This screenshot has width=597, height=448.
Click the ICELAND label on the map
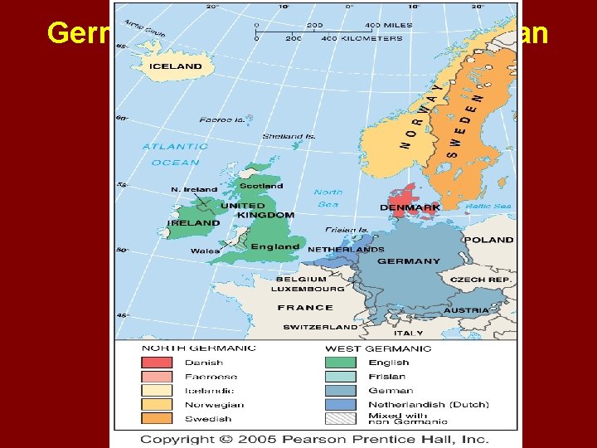(175, 66)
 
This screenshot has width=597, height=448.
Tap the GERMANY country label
(409, 261)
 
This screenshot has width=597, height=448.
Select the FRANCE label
(305, 307)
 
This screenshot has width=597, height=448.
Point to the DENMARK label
(410, 207)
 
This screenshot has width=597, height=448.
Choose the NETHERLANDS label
(346, 249)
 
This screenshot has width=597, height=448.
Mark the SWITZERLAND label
(320, 327)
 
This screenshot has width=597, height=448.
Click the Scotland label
(261, 186)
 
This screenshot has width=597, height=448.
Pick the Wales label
(205, 251)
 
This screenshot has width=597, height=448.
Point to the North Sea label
(328, 197)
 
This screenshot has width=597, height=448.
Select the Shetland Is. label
(289, 137)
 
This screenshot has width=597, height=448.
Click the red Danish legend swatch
(157, 362)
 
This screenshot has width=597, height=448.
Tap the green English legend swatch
(341, 362)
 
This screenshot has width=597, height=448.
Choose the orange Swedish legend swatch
(157, 418)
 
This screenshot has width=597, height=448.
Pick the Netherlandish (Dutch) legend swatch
(341, 404)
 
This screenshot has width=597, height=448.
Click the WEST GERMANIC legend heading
(378, 348)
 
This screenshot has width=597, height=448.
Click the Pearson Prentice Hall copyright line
(314, 439)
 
